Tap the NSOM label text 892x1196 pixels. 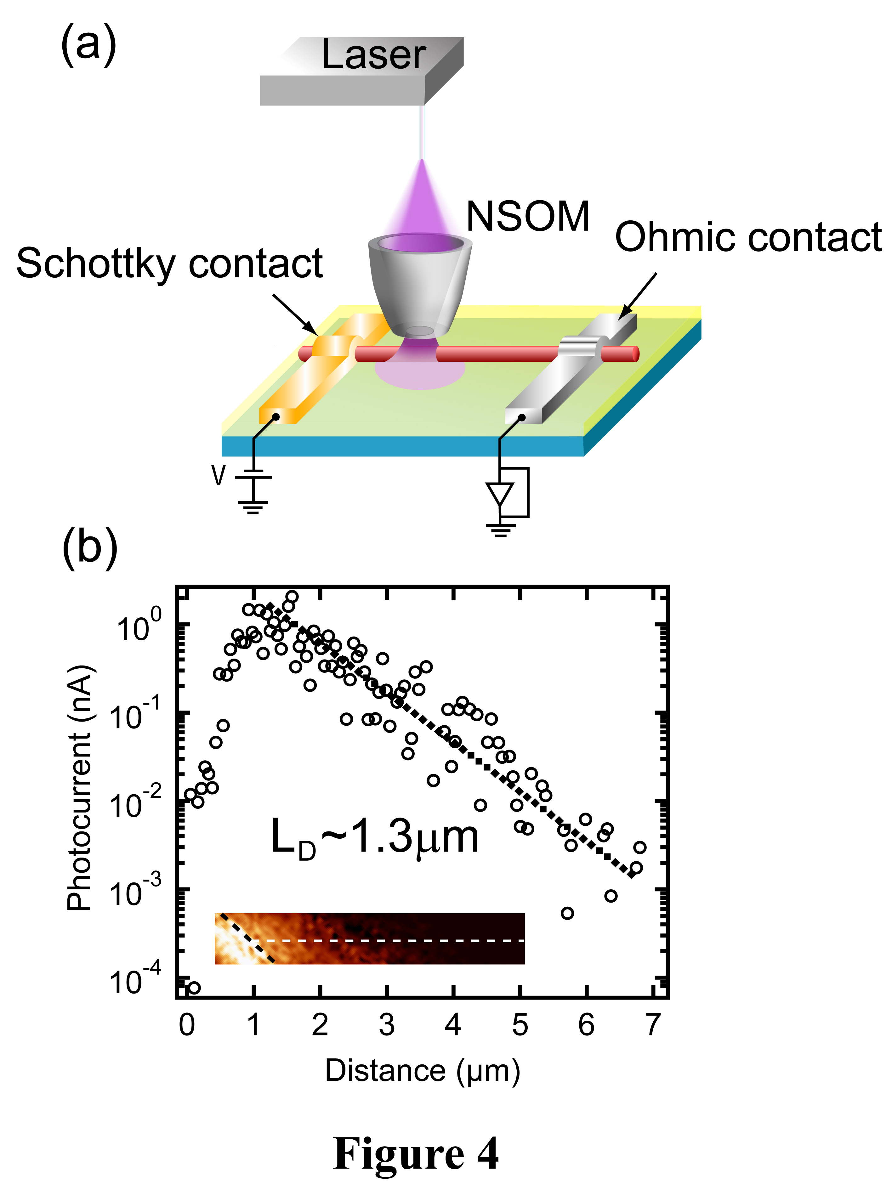[527, 217]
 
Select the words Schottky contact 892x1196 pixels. [169, 264]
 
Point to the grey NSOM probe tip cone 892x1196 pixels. [420, 286]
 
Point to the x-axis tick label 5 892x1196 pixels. [520, 1025]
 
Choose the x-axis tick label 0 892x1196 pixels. [186, 1025]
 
